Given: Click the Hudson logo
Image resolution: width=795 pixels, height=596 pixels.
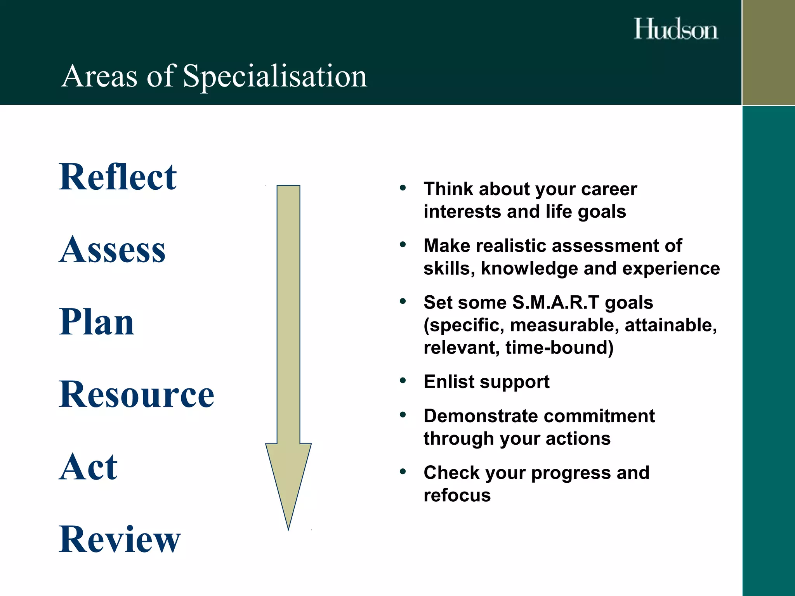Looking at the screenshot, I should pyautogui.click(x=676, y=29).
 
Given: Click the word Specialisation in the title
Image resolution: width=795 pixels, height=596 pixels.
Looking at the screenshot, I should pyautogui.click(x=275, y=76).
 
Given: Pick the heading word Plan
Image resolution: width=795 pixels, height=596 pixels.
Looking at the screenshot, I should pyautogui.click(x=97, y=322).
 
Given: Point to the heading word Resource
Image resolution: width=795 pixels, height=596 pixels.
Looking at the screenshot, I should pyautogui.click(x=137, y=394).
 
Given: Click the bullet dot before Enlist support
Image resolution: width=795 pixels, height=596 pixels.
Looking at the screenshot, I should pyautogui.click(x=403, y=381).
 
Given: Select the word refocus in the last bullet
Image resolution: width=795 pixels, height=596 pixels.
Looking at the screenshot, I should pyautogui.click(x=457, y=496).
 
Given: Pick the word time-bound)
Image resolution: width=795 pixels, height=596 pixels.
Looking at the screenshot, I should pyautogui.click(x=559, y=348).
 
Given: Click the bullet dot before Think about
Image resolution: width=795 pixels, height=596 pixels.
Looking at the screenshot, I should pyautogui.click(x=403, y=188).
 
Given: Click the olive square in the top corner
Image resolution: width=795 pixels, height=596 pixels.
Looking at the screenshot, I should pyautogui.click(x=768, y=52).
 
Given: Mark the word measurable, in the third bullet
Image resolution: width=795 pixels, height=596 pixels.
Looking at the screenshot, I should pyautogui.click(x=564, y=325).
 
